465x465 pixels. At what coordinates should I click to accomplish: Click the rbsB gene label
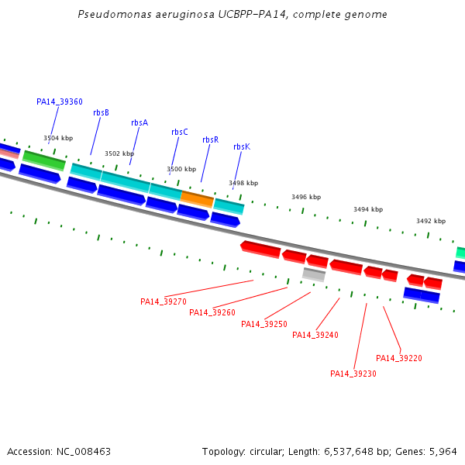(101, 112)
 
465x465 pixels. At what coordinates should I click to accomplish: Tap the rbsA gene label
(139, 122)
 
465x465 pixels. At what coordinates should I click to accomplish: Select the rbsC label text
(180, 132)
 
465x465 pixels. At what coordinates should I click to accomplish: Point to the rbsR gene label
(211, 139)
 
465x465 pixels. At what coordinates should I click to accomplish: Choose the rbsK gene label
(242, 146)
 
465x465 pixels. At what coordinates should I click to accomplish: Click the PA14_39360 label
(60, 102)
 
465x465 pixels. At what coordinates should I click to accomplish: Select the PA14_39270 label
(164, 301)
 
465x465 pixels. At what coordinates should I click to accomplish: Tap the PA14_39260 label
(212, 312)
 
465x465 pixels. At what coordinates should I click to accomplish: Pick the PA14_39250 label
(264, 324)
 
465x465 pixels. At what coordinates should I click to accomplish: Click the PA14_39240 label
(315, 335)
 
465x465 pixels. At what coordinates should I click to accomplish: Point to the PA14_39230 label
(353, 374)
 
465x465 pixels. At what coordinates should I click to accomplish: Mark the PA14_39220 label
(399, 358)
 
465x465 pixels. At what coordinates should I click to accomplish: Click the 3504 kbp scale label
(58, 138)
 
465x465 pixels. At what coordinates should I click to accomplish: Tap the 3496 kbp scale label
(306, 197)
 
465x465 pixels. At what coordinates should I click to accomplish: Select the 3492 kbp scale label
(431, 221)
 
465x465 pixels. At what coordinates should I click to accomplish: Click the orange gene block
(197, 199)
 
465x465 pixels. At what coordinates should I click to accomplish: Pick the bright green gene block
(44, 160)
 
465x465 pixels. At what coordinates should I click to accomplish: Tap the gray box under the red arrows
(314, 274)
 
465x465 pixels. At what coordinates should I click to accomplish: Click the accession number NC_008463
(84, 452)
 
